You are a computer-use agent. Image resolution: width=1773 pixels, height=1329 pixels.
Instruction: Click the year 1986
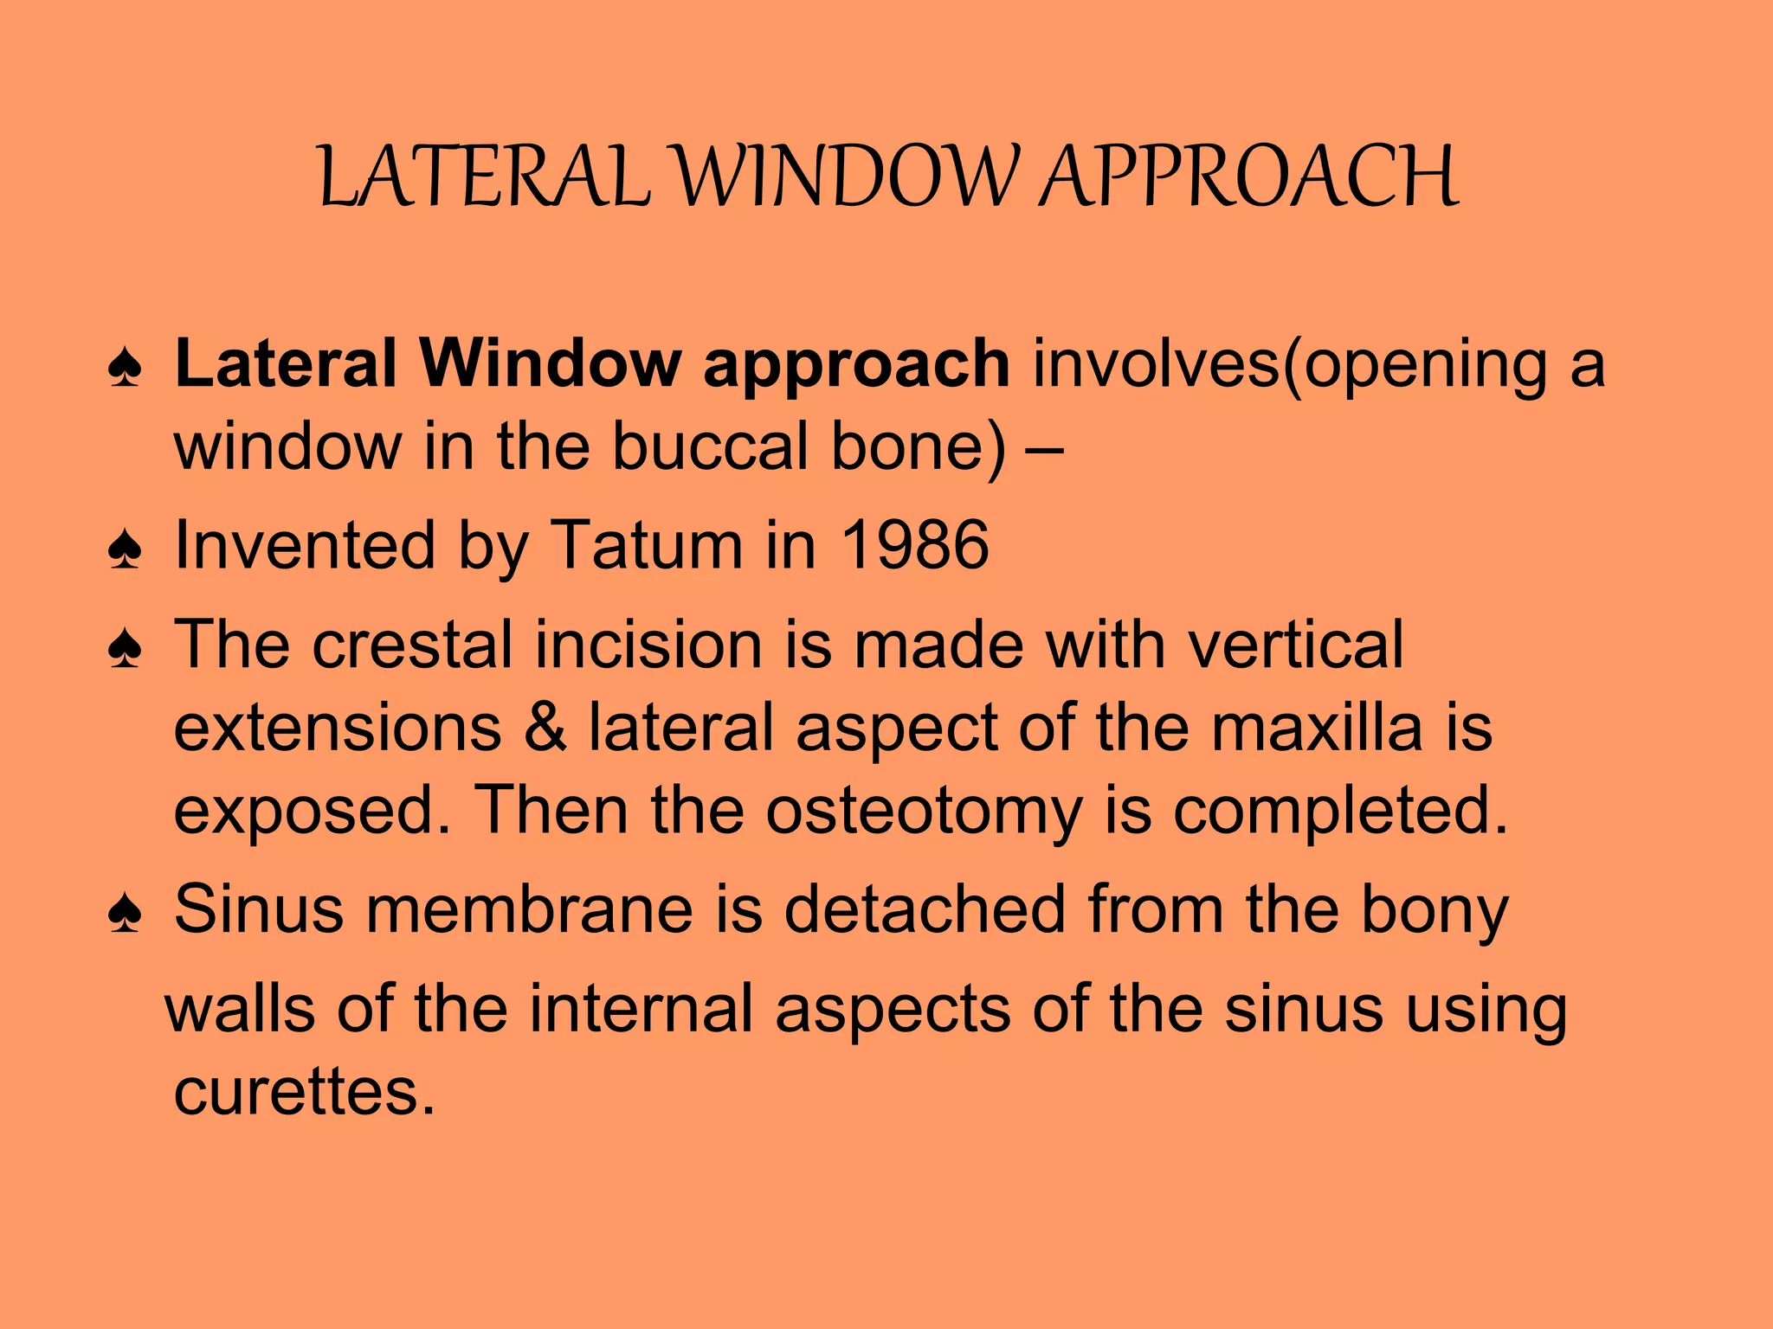click(915, 545)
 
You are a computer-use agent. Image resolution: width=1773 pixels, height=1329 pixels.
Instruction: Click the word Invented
click(304, 545)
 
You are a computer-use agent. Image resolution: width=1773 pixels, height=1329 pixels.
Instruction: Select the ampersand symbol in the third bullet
click(545, 727)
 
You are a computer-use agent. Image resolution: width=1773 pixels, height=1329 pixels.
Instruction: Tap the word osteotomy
click(924, 810)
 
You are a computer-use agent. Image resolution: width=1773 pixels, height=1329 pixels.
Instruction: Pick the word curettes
click(303, 1092)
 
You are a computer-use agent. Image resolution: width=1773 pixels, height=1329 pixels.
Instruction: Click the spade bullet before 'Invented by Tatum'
click(126, 549)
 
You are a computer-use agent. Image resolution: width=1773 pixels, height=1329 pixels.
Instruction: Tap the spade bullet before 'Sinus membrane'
click(126, 913)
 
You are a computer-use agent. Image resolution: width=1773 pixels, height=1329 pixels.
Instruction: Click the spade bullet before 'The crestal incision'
click(126, 649)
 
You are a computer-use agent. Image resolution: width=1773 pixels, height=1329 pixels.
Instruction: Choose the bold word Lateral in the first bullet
click(286, 363)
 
